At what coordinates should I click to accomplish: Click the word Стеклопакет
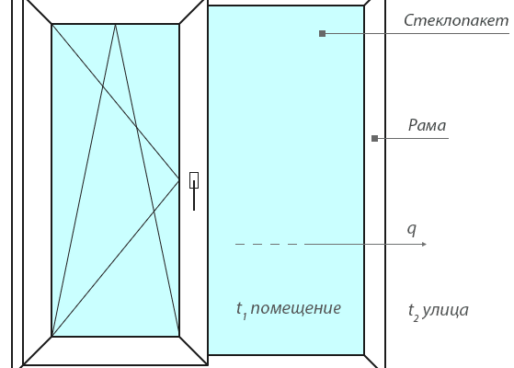tap(456, 20)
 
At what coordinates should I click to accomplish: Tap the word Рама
tap(427, 125)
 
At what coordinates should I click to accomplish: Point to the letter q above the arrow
tap(412, 229)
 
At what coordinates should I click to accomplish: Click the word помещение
tap(296, 308)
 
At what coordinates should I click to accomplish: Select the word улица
tap(445, 310)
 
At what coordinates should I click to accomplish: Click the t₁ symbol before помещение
tap(241, 309)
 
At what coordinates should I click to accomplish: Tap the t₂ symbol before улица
tap(414, 312)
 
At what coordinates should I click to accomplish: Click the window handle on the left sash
tap(194, 190)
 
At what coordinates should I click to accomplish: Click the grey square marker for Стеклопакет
tap(322, 33)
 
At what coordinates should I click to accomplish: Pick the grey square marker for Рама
tap(374, 138)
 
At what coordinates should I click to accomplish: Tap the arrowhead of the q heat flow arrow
tap(424, 244)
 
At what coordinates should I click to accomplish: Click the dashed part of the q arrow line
tap(266, 244)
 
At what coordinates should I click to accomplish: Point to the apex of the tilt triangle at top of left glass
tap(115, 24)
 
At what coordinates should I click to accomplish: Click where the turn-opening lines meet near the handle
tap(178, 180)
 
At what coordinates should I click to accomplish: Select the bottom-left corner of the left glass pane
tap(52, 336)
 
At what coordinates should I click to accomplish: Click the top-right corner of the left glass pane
tap(179, 24)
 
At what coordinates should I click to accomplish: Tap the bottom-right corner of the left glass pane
tap(179, 336)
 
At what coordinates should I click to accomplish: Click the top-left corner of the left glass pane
tap(52, 24)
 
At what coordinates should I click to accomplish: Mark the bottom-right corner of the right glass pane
tap(364, 354)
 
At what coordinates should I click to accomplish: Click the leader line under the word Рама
tap(413, 138)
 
